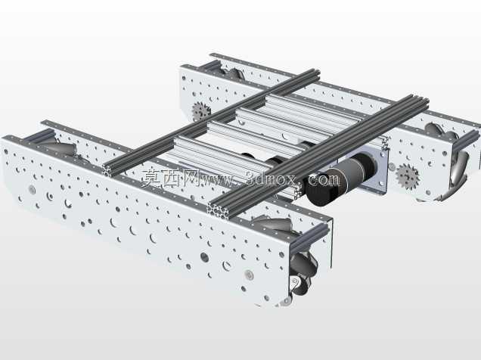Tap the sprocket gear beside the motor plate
407,176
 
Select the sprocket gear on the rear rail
200,111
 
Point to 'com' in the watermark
324,178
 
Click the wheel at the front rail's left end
64,147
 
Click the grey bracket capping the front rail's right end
309,235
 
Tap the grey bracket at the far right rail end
467,140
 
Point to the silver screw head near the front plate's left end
33,189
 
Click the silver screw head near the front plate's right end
249,275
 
